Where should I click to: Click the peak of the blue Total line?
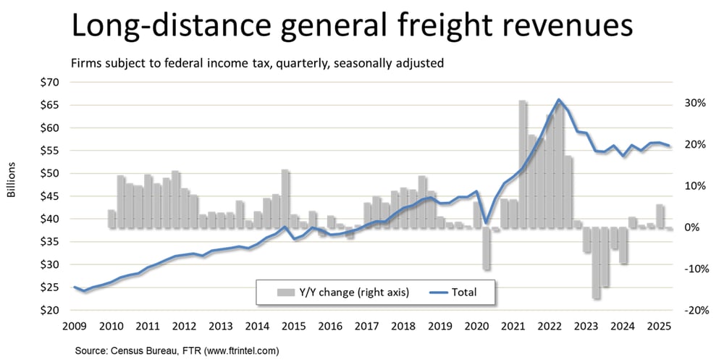[x=558, y=99]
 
